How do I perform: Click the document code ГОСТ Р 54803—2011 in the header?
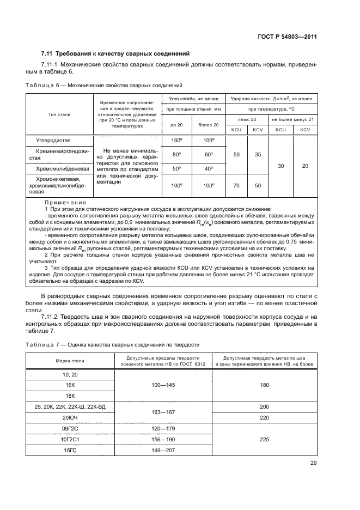point(287,37)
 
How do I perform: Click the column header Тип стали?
point(60,114)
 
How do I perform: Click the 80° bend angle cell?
point(175,154)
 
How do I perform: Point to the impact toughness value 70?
point(236,185)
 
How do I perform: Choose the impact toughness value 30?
point(280,166)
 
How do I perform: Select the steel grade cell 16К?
point(70,385)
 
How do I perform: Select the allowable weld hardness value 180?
point(265,385)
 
